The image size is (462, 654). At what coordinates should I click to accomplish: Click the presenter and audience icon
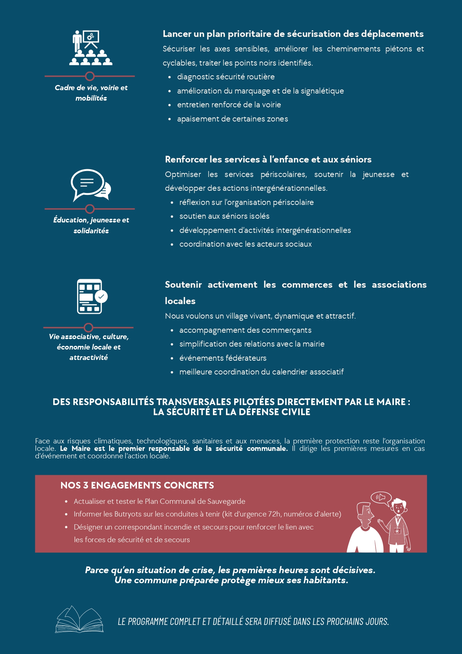coord(90,48)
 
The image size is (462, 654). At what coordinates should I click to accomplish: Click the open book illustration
coord(79,620)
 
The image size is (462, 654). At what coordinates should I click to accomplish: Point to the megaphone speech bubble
coord(381,497)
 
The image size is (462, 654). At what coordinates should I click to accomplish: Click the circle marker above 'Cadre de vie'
coord(90,76)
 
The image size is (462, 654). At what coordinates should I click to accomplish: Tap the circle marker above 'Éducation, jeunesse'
coord(90,209)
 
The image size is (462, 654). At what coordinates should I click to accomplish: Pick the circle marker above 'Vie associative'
coord(89,328)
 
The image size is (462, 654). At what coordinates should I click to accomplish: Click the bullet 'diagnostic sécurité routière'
coord(226,77)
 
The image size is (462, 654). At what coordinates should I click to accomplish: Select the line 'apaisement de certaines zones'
coord(232,119)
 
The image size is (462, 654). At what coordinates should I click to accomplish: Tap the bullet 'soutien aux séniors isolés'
coord(224,216)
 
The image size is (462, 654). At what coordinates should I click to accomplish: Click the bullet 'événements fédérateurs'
coord(223,358)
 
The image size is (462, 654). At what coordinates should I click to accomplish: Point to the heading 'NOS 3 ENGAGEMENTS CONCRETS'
coord(137,485)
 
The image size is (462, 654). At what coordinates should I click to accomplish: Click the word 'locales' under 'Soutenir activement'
coord(180,301)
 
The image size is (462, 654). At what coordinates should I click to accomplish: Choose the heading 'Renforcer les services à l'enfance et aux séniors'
coord(268,159)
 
